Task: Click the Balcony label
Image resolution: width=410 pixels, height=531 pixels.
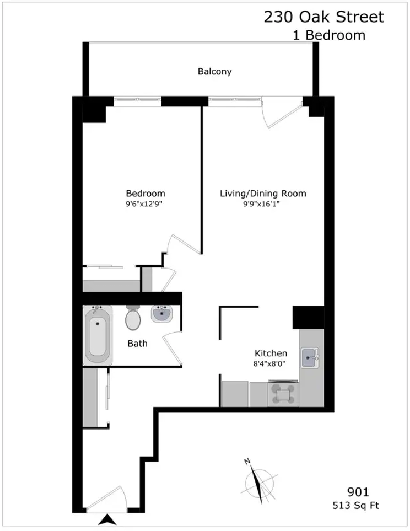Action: (x=214, y=72)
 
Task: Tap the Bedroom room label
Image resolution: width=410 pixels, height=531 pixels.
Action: (x=145, y=194)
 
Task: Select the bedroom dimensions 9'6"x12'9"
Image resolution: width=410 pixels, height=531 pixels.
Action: (x=144, y=204)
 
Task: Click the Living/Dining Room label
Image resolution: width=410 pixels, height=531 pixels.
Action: (x=263, y=194)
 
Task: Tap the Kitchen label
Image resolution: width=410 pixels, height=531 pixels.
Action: (x=271, y=353)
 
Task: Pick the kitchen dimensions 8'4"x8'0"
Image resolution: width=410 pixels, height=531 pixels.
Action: (x=269, y=364)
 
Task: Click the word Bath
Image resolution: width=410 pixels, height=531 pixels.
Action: (x=137, y=343)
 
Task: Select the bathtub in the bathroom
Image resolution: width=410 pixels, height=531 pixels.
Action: (x=97, y=335)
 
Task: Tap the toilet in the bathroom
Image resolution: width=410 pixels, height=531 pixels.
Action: (x=133, y=318)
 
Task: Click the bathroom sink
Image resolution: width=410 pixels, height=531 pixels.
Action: (x=162, y=313)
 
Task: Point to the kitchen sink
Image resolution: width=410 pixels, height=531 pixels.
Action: (x=310, y=357)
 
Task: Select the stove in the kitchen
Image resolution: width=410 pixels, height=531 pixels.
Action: (x=283, y=393)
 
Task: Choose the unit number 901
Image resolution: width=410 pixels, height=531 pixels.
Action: (x=358, y=491)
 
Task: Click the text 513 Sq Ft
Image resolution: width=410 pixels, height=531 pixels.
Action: (x=356, y=506)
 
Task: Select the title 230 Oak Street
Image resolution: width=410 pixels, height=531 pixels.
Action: (x=324, y=17)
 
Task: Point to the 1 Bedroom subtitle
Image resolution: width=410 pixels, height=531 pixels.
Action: (x=329, y=35)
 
